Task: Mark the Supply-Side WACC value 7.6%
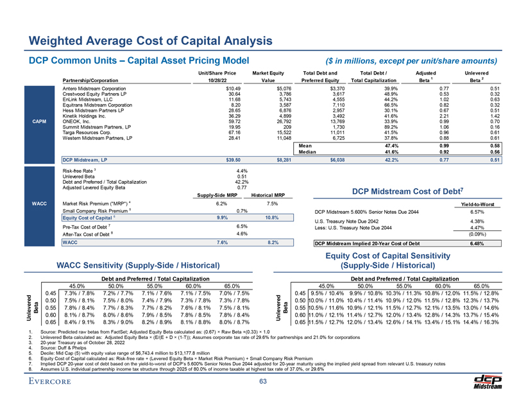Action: click(223, 261)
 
